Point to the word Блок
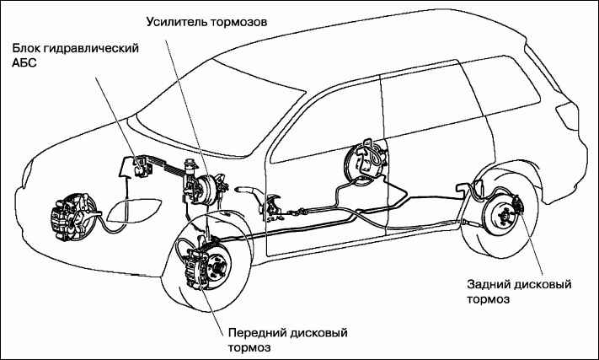28,50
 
